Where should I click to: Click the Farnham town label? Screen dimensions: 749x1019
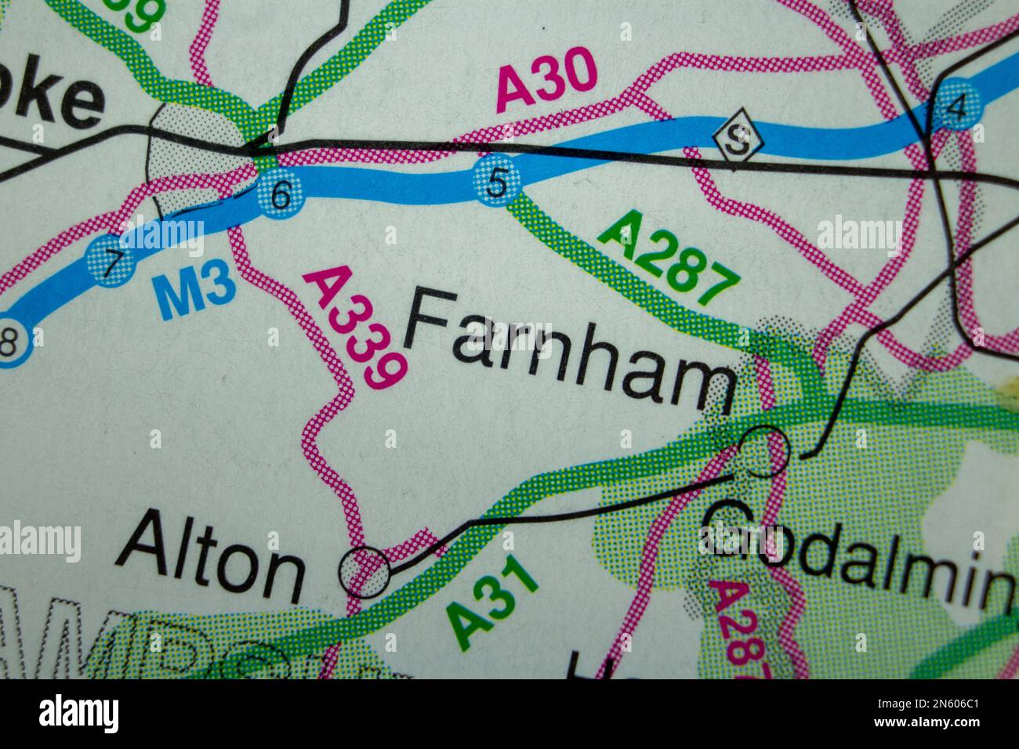click(570, 349)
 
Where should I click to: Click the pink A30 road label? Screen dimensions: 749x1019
click(547, 80)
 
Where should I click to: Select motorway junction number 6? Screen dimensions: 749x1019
click(280, 194)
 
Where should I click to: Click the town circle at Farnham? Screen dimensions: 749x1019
click(764, 451)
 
